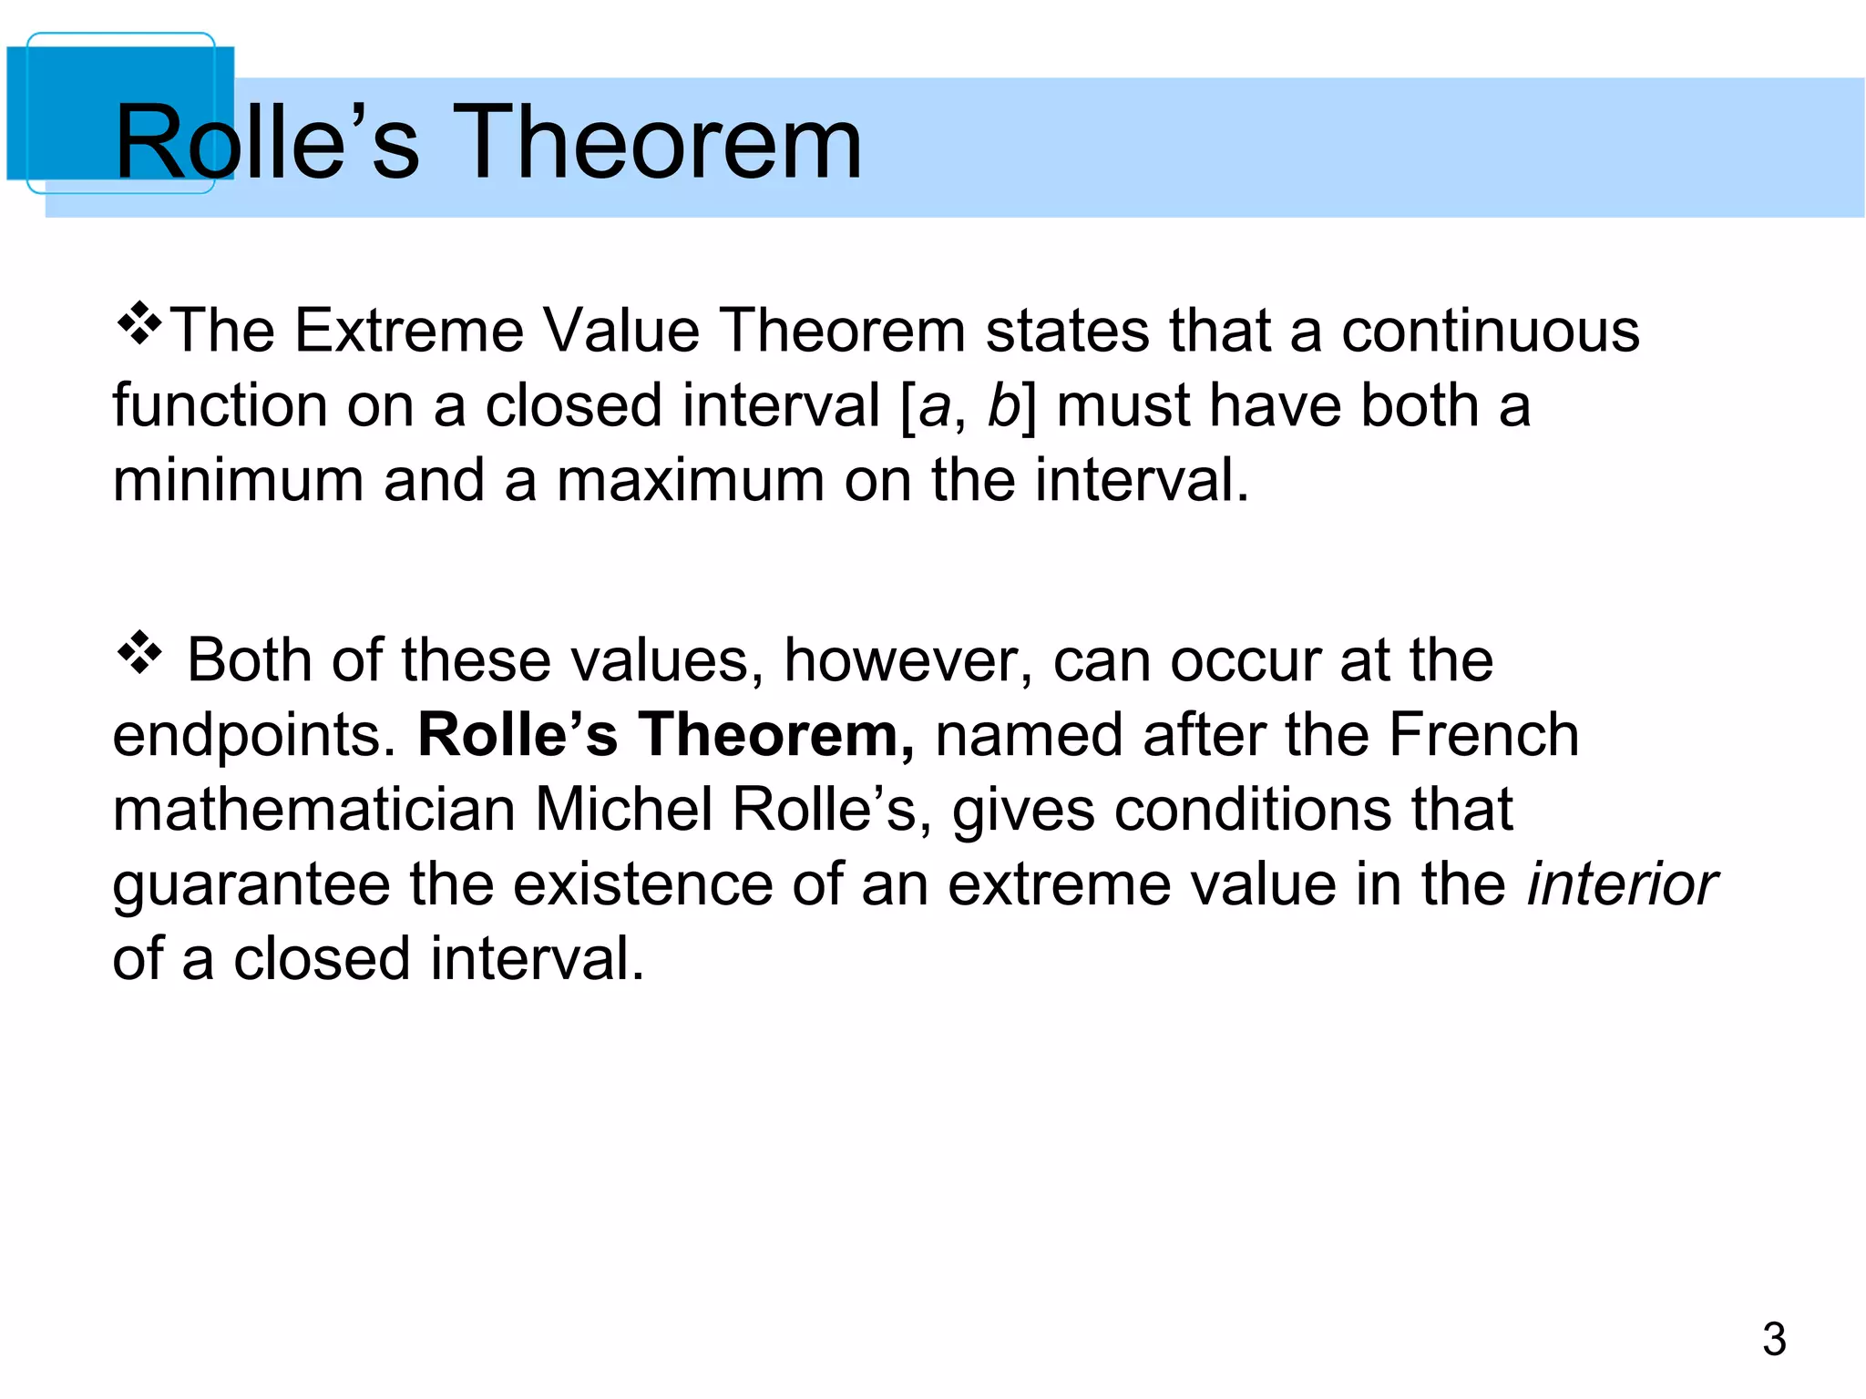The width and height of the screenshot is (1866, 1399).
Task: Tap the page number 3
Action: point(1773,1339)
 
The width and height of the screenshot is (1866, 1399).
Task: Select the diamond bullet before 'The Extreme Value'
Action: point(139,326)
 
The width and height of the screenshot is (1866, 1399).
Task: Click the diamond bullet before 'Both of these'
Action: point(139,653)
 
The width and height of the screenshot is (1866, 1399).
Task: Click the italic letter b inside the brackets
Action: point(1003,405)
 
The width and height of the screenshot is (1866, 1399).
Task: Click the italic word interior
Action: point(1622,884)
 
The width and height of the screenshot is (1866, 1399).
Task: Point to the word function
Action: point(220,405)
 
